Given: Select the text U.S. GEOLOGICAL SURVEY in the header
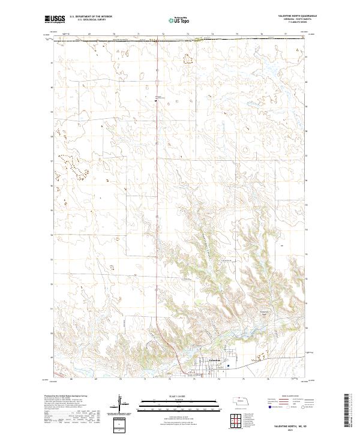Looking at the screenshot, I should click(86, 20).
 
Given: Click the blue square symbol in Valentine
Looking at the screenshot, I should click(228, 361).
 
